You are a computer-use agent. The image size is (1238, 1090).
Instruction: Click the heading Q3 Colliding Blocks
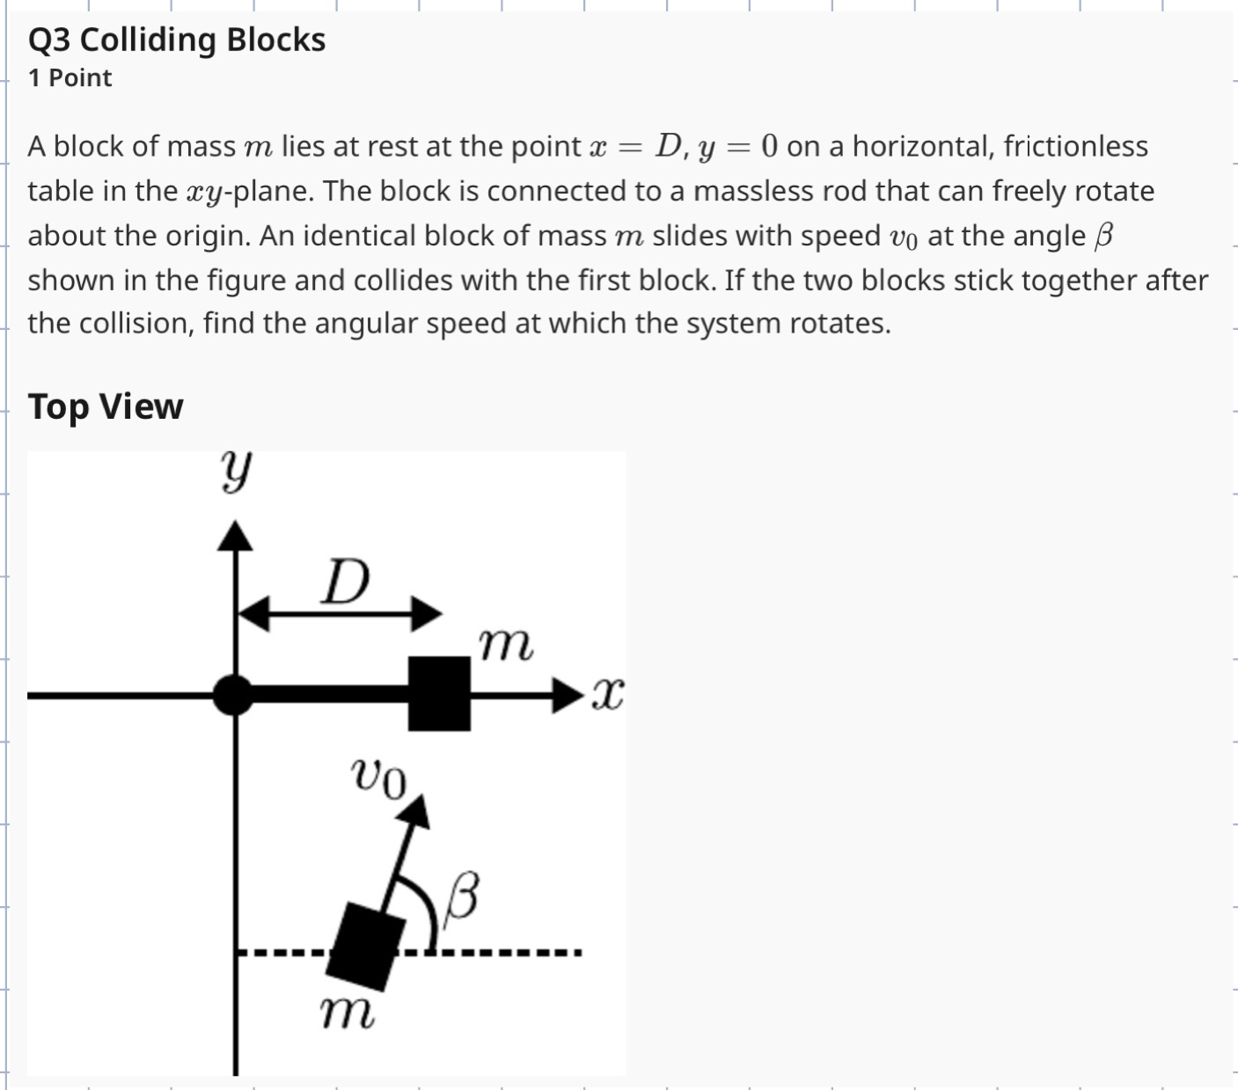click(176, 40)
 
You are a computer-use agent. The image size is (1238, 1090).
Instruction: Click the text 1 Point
click(70, 77)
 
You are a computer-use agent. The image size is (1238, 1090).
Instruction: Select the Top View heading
click(106, 406)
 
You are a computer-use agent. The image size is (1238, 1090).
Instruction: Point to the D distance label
click(345, 582)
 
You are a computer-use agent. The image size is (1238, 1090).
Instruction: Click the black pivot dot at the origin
click(234, 695)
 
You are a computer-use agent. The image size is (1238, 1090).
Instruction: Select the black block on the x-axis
click(439, 694)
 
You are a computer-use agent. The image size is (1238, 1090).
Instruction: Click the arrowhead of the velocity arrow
click(417, 810)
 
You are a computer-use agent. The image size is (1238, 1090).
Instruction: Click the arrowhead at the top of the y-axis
click(234, 534)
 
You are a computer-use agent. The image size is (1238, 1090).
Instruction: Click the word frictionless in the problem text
click(1075, 146)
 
